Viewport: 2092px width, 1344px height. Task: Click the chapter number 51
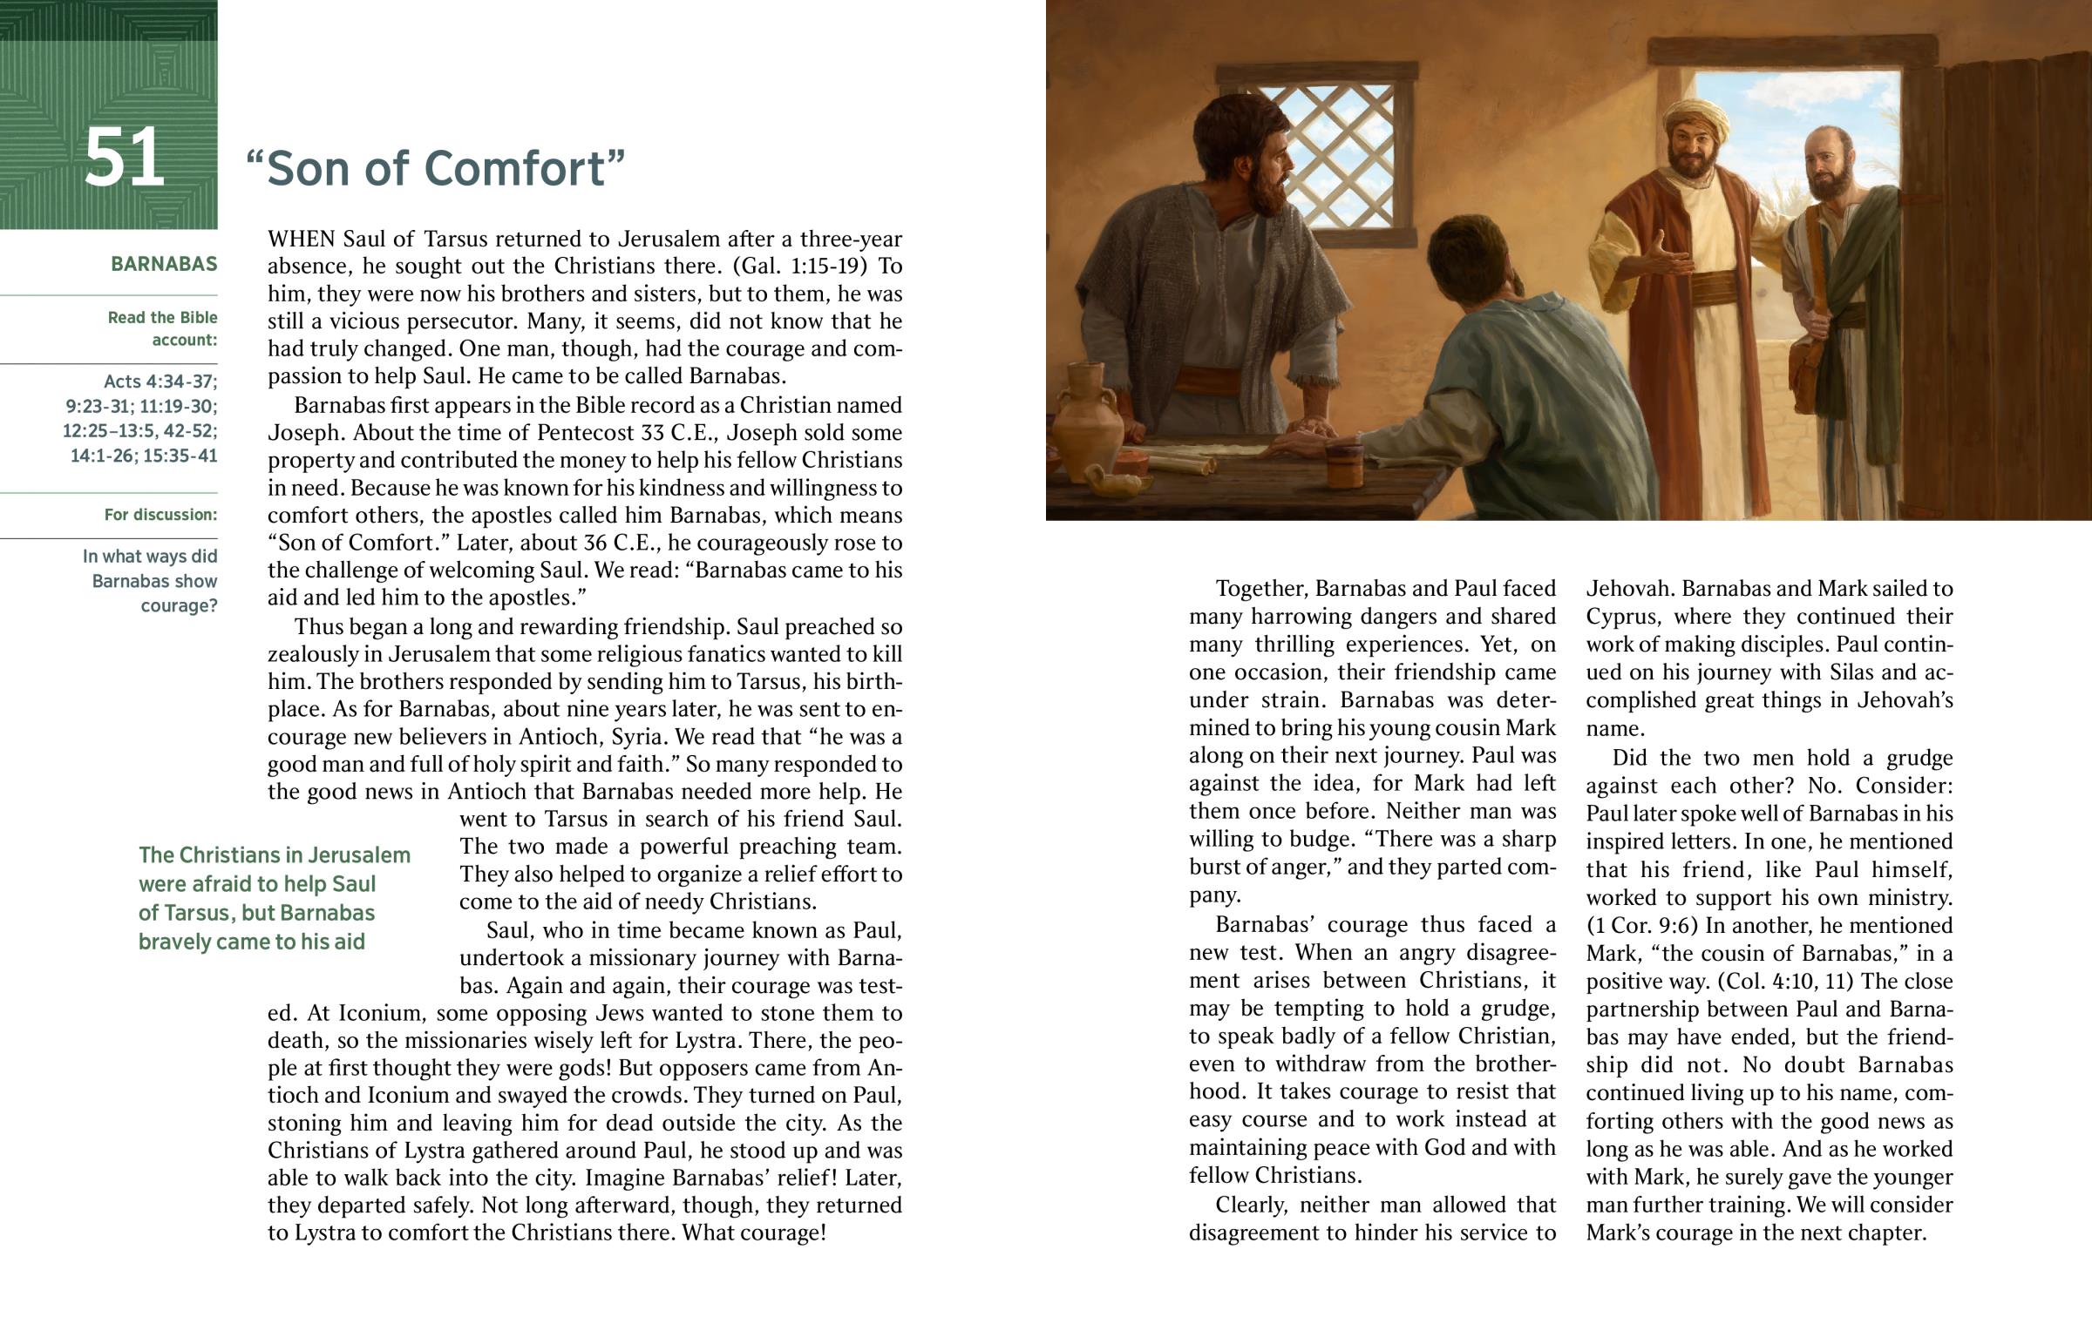click(x=124, y=158)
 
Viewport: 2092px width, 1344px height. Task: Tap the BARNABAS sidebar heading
click(x=163, y=265)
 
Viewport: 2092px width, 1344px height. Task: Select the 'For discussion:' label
click(x=160, y=515)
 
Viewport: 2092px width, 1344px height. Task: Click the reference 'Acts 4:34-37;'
click(x=160, y=382)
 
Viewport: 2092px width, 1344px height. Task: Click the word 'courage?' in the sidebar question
click(x=179, y=605)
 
